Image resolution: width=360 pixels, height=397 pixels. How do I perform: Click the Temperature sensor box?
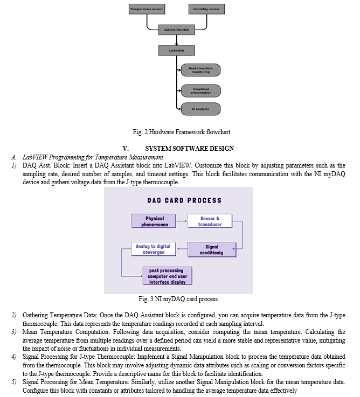pos(147,9)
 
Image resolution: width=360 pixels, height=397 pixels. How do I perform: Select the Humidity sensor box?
pos(206,9)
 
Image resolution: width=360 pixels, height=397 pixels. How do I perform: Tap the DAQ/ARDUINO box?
pos(177,30)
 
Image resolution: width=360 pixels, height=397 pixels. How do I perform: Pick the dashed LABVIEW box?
pos(177,51)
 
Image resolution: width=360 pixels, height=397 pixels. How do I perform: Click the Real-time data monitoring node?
pos(200,70)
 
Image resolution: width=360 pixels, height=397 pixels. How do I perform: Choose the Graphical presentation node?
pos(200,90)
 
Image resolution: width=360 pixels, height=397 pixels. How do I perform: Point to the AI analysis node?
pos(200,109)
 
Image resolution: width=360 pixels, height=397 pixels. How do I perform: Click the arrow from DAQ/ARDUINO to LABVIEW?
pos(177,40)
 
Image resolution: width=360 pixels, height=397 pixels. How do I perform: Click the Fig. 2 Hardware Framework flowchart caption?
pos(182,132)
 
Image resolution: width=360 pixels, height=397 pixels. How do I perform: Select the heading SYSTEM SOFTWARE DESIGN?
pos(190,148)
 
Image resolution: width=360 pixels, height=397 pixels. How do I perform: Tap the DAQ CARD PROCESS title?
pos(184,200)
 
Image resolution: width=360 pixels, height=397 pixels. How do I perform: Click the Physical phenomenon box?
pos(154,221)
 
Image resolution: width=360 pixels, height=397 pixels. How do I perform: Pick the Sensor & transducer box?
pos(210,221)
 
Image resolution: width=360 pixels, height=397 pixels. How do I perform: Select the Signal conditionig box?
pos(212,249)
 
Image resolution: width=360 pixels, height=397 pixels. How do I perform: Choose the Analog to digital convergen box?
pos(154,249)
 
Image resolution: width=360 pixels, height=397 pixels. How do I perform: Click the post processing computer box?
pos(167,276)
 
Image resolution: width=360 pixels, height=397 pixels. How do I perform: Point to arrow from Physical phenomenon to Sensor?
pos(182,221)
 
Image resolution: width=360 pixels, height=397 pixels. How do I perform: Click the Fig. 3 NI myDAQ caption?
pos(178,299)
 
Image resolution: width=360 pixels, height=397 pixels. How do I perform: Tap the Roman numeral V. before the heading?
pos(126,148)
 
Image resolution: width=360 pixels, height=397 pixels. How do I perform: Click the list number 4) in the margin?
pos(14,357)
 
